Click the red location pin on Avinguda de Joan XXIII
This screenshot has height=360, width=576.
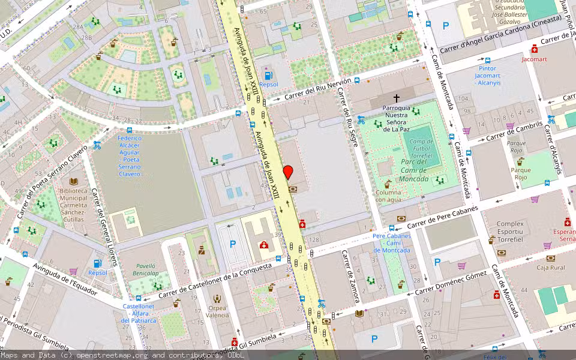pos(288,172)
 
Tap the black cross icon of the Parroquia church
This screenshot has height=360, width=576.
pos(396,97)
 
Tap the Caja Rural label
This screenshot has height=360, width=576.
pos(550,268)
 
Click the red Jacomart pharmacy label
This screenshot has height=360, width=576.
pos(534,59)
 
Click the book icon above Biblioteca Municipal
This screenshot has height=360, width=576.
pos(74,181)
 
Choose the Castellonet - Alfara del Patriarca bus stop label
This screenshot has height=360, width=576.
pos(139,313)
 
